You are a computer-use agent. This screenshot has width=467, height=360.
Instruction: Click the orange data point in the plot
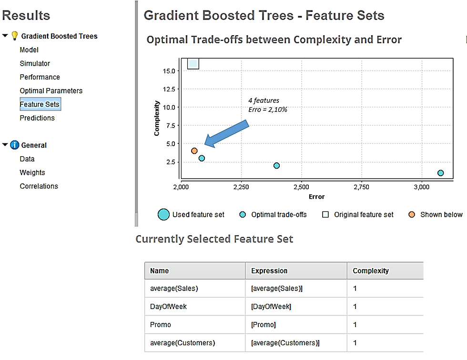tap(194, 151)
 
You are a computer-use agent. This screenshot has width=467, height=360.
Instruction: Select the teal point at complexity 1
tap(440, 173)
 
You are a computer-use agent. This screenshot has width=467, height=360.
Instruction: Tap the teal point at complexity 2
tap(276, 165)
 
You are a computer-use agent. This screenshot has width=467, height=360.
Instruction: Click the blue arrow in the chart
tap(227, 134)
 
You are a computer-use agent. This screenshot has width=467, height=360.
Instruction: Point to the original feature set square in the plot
tap(193, 64)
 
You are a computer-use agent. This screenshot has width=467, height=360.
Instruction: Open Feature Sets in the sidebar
tap(40, 104)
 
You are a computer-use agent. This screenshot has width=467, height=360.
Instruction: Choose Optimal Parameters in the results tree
tap(51, 91)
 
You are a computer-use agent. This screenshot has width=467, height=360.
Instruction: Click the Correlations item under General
tap(39, 186)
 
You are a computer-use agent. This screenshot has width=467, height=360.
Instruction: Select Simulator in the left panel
tap(34, 63)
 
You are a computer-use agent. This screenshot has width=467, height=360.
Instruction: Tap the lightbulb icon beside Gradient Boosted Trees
tap(14, 36)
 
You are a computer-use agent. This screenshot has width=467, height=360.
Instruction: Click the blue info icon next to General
tap(14, 145)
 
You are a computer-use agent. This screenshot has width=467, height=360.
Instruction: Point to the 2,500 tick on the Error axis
tap(301, 187)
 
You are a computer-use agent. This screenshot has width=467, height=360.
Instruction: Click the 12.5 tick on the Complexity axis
tap(169, 89)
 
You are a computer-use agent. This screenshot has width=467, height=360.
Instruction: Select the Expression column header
tap(269, 271)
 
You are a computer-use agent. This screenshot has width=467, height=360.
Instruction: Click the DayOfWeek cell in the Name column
tap(168, 307)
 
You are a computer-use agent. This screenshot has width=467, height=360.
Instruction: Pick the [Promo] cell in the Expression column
tap(263, 325)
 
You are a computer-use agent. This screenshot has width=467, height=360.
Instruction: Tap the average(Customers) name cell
tap(182, 343)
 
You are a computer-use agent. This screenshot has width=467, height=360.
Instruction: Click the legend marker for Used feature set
tap(163, 214)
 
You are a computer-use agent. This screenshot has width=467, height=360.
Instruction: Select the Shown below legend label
tap(441, 214)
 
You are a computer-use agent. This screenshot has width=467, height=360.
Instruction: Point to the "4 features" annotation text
tap(264, 100)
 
